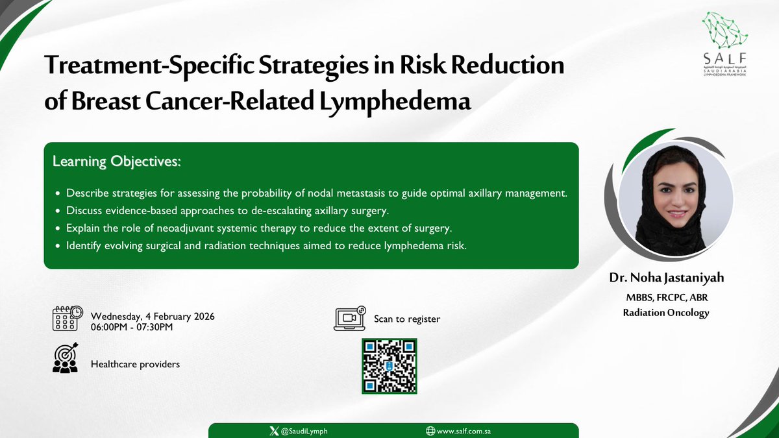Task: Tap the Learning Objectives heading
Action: tap(117, 162)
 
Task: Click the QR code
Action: tap(389, 366)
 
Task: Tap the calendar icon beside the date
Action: tap(68, 319)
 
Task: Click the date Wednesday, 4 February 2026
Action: tap(153, 316)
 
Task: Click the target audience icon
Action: tap(66, 358)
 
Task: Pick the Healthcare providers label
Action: tap(135, 364)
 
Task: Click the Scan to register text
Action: tap(406, 319)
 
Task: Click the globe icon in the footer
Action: tap(430, 431)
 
